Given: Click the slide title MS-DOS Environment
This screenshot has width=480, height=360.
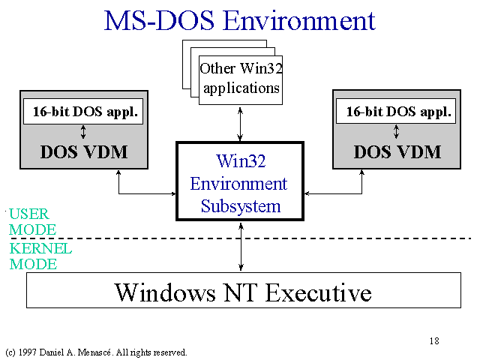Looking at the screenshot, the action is [240, 21].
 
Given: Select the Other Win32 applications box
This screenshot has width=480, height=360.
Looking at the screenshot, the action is [241, 80].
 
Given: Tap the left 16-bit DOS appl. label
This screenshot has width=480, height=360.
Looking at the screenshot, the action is [85, 112].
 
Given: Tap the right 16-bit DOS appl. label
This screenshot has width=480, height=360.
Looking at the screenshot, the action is [398, 112].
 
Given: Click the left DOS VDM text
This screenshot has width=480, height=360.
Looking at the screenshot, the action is [84, 151].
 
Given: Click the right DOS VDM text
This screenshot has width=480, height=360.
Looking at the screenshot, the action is [397, 151].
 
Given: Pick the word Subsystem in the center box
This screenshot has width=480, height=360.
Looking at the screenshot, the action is [241, 206].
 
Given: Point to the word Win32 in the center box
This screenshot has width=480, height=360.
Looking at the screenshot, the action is [241, 160].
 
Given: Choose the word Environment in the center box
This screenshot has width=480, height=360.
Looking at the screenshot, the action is [238, 184].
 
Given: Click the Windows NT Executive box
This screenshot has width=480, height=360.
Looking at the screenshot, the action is [244, 290].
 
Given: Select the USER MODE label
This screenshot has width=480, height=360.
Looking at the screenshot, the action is [32, 222].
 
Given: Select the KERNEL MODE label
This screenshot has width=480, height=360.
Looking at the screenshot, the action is [40, 256].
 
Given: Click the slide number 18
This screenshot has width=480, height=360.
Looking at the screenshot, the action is [434, 340].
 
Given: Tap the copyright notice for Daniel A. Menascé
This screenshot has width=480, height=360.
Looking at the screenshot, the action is [96, 352].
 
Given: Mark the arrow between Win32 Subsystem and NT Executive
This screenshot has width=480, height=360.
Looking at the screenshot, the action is [241, 247].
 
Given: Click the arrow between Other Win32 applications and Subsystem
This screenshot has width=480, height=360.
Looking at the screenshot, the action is [240, 124].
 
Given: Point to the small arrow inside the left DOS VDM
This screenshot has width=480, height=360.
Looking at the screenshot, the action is [83, 132].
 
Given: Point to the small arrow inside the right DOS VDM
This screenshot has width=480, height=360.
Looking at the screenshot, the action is [397, 132].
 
